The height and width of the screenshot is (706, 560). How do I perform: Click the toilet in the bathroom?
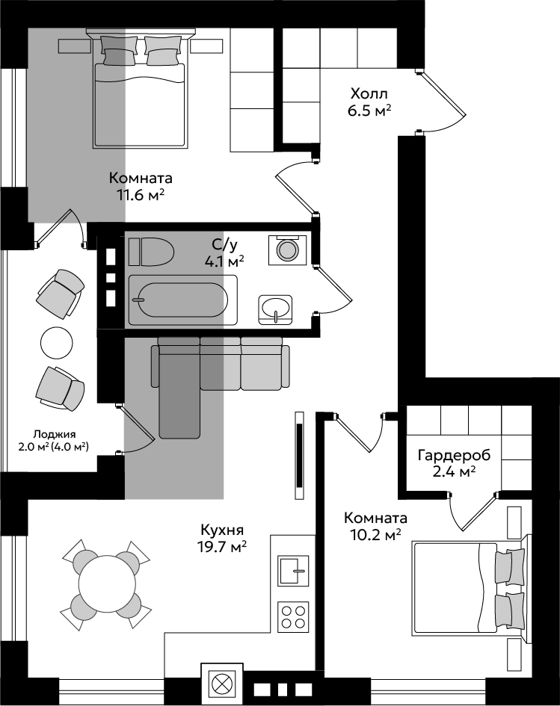(x=151, y=251)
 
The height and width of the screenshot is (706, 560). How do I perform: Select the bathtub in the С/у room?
(x=183, y=300)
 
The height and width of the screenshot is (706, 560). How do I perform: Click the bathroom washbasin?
(x=275, y=309)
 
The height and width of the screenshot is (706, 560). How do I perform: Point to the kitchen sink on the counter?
(x=293, y=570)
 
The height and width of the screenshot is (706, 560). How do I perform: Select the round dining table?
(x=107, y=583)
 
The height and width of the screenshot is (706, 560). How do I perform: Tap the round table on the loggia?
(x=56, y=343)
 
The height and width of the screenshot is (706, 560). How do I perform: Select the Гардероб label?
(x=454, y=455)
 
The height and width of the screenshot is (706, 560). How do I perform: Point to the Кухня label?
(x=223, y=529)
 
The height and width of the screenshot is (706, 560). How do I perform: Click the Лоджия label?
(x=55, y=434)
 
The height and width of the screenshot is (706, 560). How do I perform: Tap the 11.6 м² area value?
(x=140, y=196)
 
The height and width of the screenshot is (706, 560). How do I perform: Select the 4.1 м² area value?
(x=224, y=261)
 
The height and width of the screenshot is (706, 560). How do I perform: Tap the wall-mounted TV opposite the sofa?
(x=299, y=455)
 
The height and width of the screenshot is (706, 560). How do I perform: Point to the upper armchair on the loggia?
(x=61, y=294)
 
